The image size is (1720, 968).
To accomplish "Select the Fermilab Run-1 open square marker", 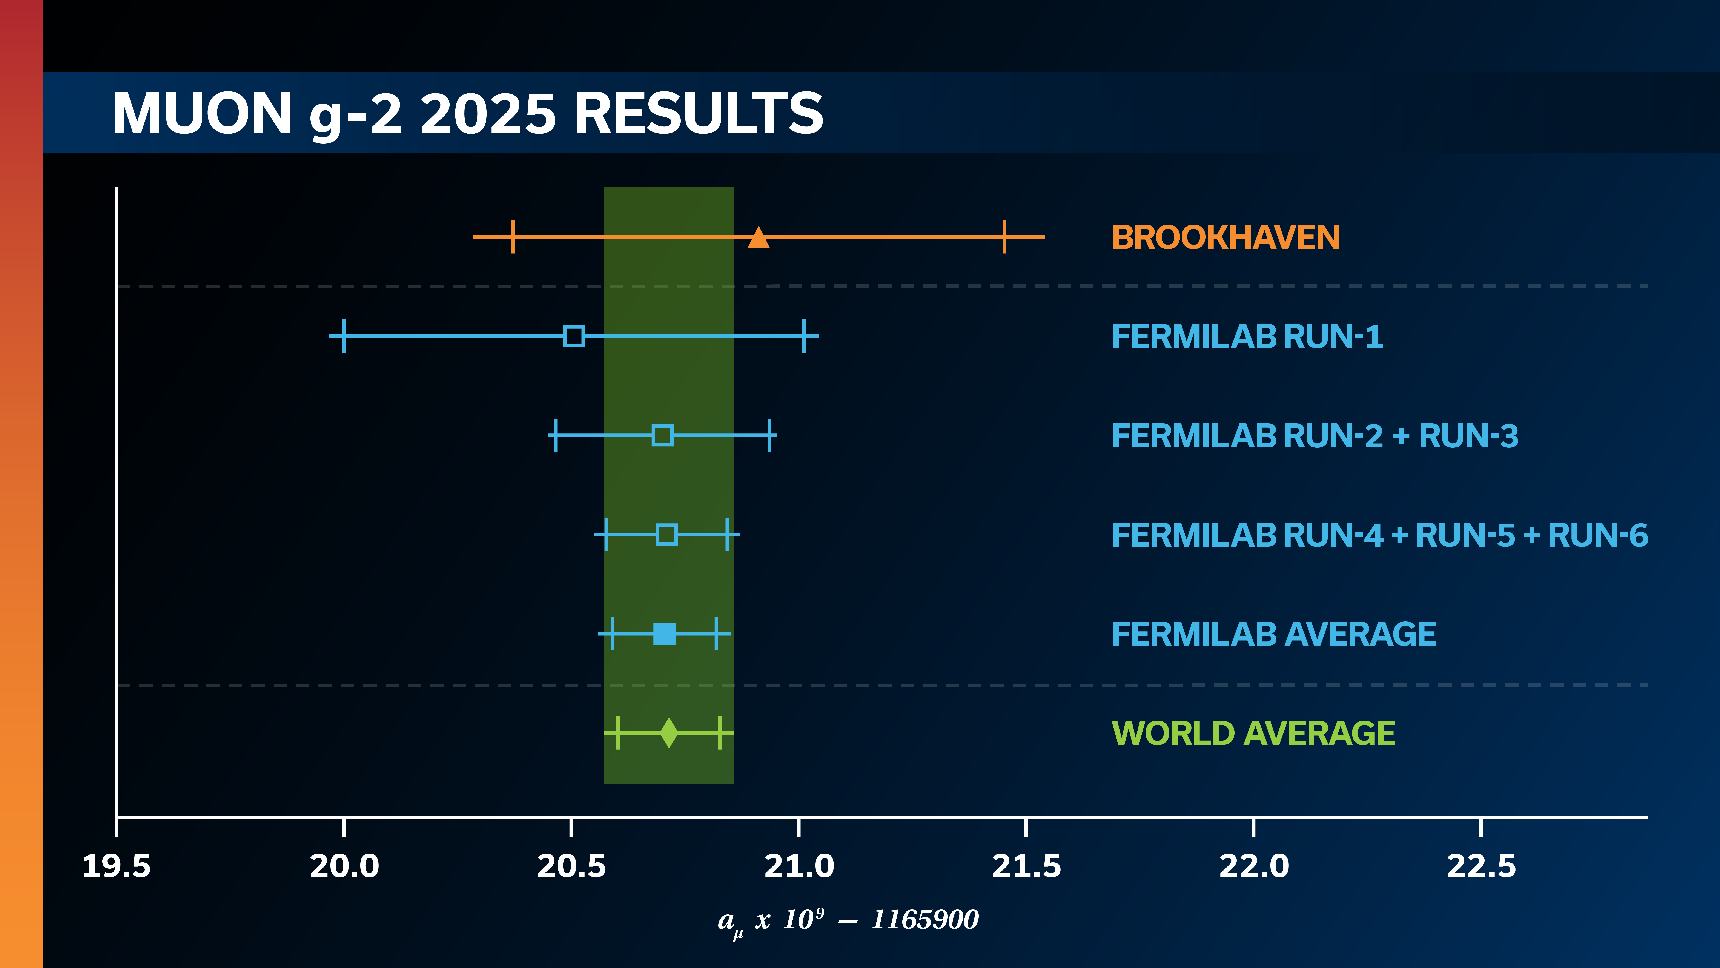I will coord(574,336).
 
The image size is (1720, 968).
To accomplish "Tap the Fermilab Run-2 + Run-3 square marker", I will coord(662,436).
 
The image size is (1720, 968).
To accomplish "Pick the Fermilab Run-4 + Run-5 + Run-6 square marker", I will coord(666,534).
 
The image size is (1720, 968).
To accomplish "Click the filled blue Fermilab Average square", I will coord(664,633).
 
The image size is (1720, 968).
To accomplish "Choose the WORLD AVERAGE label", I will coord(1253,734).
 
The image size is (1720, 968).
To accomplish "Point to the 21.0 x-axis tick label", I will coord(799,866).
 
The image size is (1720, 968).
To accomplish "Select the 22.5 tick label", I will coord(1481,866).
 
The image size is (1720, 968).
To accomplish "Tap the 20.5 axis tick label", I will coord(571,866).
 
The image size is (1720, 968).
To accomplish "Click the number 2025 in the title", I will coord(488,114).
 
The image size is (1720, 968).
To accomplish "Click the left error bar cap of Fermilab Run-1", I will coord(343,336).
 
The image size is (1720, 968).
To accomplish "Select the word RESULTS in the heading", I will coord(698,114).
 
